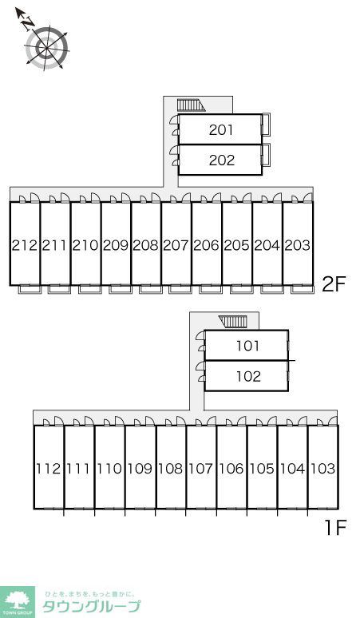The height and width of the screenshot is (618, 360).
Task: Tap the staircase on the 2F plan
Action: coord(191,105)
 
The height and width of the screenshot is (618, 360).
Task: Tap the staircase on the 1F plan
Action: coord(233,322)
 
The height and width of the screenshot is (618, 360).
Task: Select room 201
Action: coord(220,129)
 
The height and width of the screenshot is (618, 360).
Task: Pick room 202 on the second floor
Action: coord(220,160)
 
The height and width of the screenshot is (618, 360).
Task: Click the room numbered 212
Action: coord(25,244)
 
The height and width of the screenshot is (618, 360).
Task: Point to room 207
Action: coord(176,244)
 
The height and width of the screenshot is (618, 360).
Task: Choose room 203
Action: coord(298,244)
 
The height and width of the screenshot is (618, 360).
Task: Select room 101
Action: coord(247,345)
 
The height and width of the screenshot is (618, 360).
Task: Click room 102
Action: coord(247,375)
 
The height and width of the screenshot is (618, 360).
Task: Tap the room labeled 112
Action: coord(49,467)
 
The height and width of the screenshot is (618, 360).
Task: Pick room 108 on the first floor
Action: coord(171,467)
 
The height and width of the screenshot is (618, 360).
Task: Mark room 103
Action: coord(323,467)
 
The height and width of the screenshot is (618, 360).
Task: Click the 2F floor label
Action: coord(334,284)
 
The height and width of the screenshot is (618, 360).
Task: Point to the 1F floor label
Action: coord(335,528)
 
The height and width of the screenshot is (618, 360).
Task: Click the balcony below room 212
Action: coord(30,289)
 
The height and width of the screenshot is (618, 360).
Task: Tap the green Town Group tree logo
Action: coord(17,602)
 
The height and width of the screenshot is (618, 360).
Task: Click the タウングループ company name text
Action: coord(91,606)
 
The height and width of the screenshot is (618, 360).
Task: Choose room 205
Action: coord(237,244)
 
